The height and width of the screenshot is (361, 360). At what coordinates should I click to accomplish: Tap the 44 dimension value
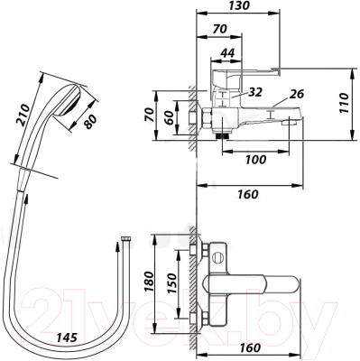coord(227,53)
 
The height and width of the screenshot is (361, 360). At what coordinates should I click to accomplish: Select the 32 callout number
coord(255,92)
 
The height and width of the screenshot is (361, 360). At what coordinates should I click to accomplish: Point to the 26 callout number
coord(297,94)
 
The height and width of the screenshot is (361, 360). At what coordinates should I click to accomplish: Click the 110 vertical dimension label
coord(344,103)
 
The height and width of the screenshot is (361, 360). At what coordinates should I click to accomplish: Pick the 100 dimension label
coord(255,160)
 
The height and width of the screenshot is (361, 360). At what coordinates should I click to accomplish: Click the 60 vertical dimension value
coord(170,118)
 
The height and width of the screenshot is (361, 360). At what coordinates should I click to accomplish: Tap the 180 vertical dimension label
coord(149,281)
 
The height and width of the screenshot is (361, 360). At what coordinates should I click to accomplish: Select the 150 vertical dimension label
coord(171,282)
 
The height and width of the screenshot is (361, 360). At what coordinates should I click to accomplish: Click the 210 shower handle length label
coord(23,114)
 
